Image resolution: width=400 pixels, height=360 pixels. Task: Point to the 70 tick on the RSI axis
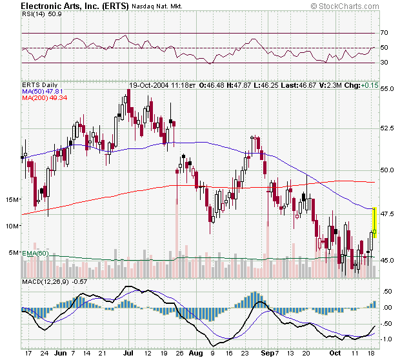[x=384, y=32]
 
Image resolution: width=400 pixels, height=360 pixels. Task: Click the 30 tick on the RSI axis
[x=384, y=63]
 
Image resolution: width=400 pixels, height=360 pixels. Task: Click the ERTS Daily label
[x=40, y=85]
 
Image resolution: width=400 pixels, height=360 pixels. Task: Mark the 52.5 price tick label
[x=385, y=128]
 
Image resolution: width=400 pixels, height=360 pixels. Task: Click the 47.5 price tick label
[x=385, y=214]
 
